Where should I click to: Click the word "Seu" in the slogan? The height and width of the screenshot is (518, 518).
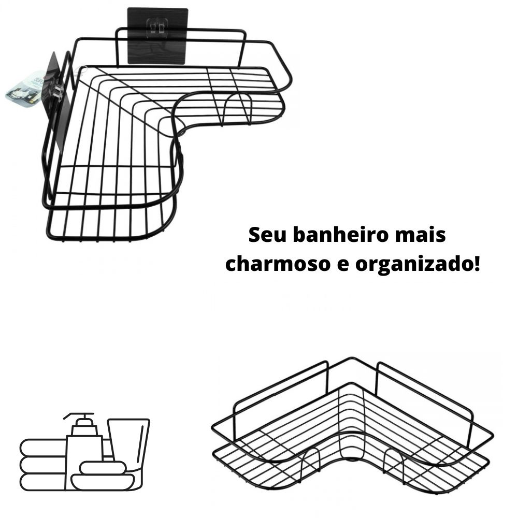click(x=267, y=235)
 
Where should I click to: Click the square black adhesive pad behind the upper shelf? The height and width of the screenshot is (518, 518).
click(x=158, y=36)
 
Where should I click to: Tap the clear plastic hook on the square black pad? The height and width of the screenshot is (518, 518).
click(x=157, y=25)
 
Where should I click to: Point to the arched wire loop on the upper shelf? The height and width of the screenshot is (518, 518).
click(x=236, y=108)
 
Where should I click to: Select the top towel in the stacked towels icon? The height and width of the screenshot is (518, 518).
click(x=43, y=448)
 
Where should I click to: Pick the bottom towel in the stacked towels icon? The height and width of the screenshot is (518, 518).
click(x=43, y=482)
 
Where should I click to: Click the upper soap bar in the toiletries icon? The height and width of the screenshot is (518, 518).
click(x=103, y=467)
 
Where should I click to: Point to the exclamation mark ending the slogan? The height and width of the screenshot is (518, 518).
click(x=477, y=264)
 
